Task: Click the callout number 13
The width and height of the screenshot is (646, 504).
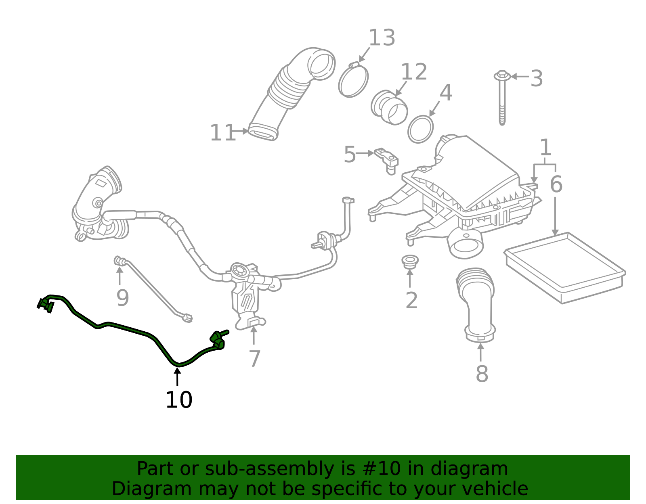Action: [x=382, y=38]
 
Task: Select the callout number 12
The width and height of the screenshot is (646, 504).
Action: [x=413, y=72]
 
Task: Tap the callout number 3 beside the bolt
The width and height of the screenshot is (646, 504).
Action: [x=536, y=78]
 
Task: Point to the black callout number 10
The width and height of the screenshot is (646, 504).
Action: [x=179, y=400]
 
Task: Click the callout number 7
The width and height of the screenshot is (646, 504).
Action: [x=254, y=359]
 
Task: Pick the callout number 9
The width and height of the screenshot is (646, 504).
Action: [x=122, y=298]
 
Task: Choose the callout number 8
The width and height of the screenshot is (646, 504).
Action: [x=482, y=374]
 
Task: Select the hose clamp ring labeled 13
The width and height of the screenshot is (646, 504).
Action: [x=353, y=80]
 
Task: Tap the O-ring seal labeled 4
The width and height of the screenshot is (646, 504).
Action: [x=421, y=129]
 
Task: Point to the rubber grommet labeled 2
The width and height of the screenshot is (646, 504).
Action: [x=410, y=261]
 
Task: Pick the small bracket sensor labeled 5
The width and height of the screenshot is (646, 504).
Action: [x=387, y=159]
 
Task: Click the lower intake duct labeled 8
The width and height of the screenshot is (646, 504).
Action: [x=477, y=303]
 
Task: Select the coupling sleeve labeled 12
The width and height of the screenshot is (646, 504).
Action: [x=389, y=107]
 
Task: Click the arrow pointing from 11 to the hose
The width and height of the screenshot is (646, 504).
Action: [x=241, y=131]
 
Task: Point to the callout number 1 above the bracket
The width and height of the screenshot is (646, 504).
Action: [x=545, y=148]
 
